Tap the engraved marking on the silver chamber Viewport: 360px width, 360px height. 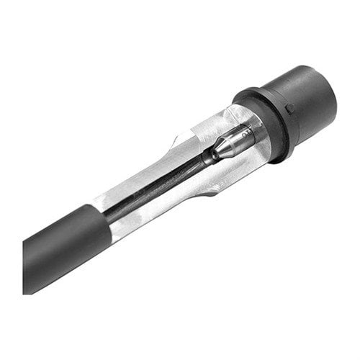pos(246,132)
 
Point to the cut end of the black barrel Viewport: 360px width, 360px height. pos(32,266)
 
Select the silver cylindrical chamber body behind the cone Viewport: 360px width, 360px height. pos(248,137)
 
